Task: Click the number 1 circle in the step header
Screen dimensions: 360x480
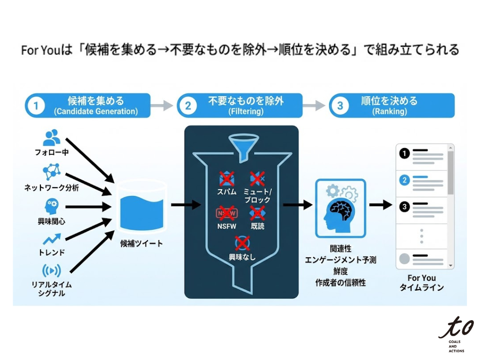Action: (x=36, y=105)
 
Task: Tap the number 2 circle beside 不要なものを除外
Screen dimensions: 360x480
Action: (x=188, y=105)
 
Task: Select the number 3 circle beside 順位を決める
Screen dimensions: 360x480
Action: (x=340, y=105)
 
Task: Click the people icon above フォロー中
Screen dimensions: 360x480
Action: (x=52, y=137)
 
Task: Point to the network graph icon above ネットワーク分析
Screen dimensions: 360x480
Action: (x=52, y=172)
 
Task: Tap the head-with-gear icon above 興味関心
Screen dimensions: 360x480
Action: (x=52, y=206)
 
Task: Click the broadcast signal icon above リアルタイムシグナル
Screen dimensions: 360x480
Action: (x=52, y=271)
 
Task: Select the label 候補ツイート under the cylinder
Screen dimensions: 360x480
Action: (x=142, y=243)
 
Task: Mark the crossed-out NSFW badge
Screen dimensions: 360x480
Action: (x=227, y=214)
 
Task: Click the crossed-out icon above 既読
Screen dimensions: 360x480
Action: (x=257, y=214)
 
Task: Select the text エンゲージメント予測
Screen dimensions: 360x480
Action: (x=340, y=260)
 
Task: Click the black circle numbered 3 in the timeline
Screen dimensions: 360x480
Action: (x=404, y=206)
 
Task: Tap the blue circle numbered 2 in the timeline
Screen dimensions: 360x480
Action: (x=404, y=180)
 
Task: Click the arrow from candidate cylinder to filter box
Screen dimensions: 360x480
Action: (x=186, y=205)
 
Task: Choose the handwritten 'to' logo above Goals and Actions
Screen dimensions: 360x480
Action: (x=456, y=327)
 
